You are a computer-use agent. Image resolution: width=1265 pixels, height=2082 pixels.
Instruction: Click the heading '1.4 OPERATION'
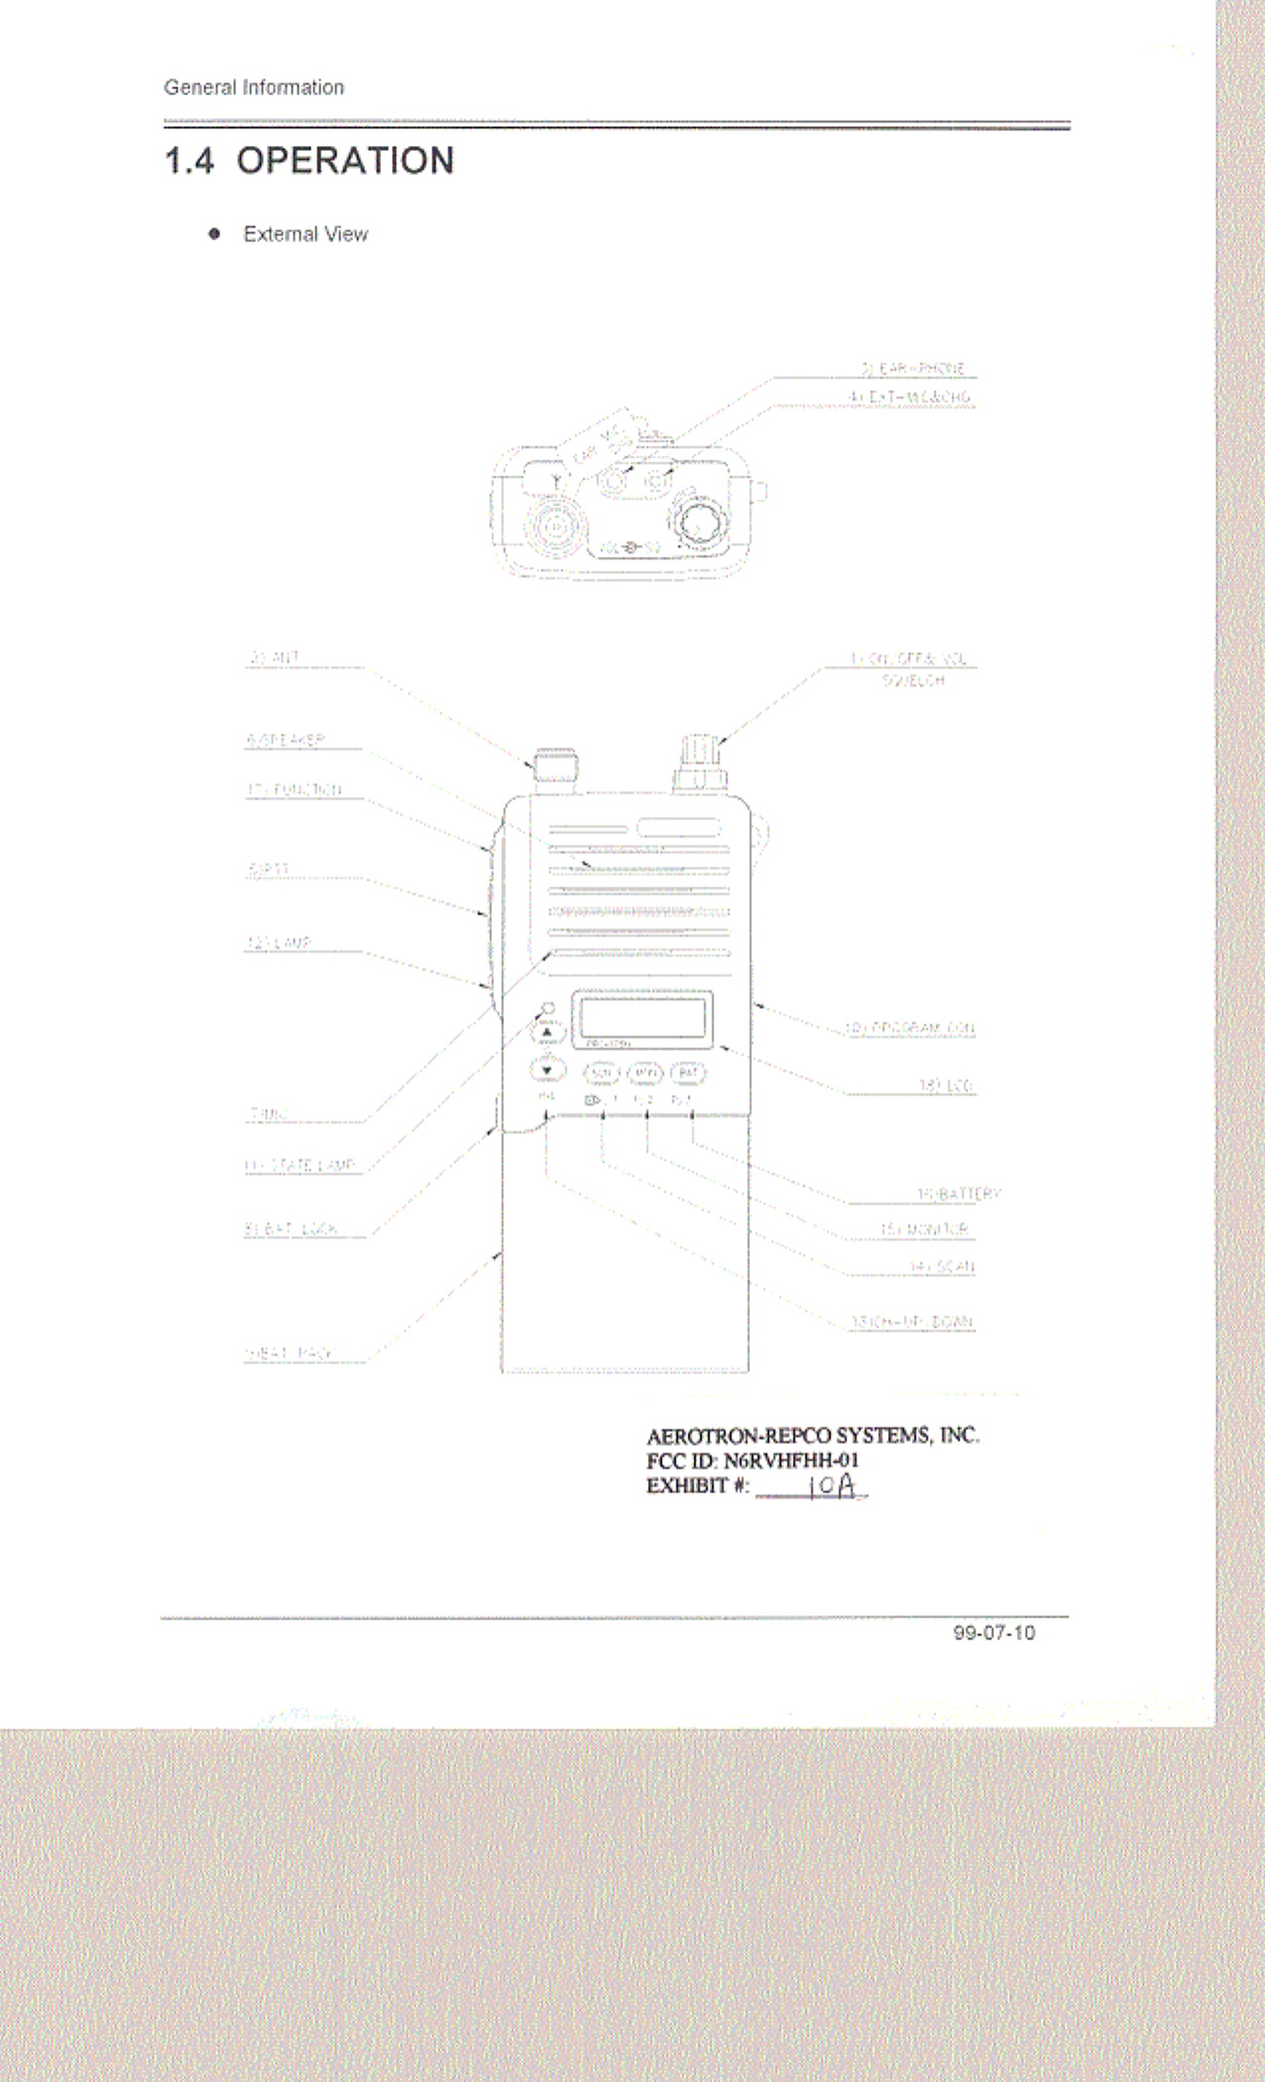pos(309,161)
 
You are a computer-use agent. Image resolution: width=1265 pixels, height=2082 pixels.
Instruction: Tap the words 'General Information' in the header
pos(254,87)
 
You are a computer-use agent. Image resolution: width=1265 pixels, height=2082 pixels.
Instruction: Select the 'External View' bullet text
pos(305,234)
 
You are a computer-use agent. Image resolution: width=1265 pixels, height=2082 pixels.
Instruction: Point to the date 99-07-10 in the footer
pos(993,1632)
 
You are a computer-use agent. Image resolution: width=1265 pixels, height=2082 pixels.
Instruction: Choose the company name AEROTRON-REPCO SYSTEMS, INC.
pos(812,1435)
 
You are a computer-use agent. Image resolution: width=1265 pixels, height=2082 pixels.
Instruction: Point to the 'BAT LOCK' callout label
pos(292,1229)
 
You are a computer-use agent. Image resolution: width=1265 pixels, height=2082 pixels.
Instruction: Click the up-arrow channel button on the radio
pos(547,1033)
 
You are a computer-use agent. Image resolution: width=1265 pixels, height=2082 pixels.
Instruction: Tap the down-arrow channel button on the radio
pos(547,1070)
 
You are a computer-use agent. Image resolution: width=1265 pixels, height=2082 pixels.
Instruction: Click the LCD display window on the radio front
pos(641,1017)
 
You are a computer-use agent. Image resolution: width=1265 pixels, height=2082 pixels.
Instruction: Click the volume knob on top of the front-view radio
pos(700,762)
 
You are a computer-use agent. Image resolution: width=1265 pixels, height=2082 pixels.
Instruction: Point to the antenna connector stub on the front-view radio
pos(556,769)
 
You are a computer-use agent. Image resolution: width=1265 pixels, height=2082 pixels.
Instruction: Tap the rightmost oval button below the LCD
pos(689,1073)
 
